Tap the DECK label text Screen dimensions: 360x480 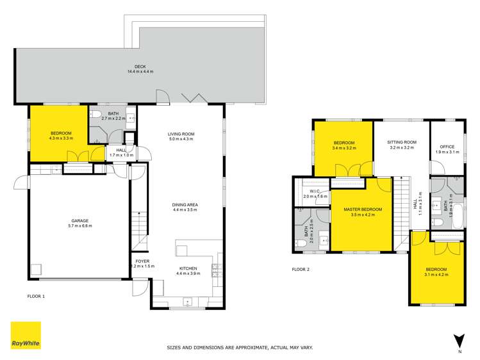(140, 66)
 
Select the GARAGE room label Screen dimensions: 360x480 (80, 221)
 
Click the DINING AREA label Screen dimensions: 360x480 (185, 205)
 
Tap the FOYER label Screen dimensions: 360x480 (142, 261)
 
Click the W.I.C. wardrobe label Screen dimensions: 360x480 (315, 192)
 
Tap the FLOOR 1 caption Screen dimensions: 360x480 (36, 297)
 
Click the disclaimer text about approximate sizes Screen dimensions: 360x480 (240, 348)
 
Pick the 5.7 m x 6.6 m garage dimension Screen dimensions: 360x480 (80, 226)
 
